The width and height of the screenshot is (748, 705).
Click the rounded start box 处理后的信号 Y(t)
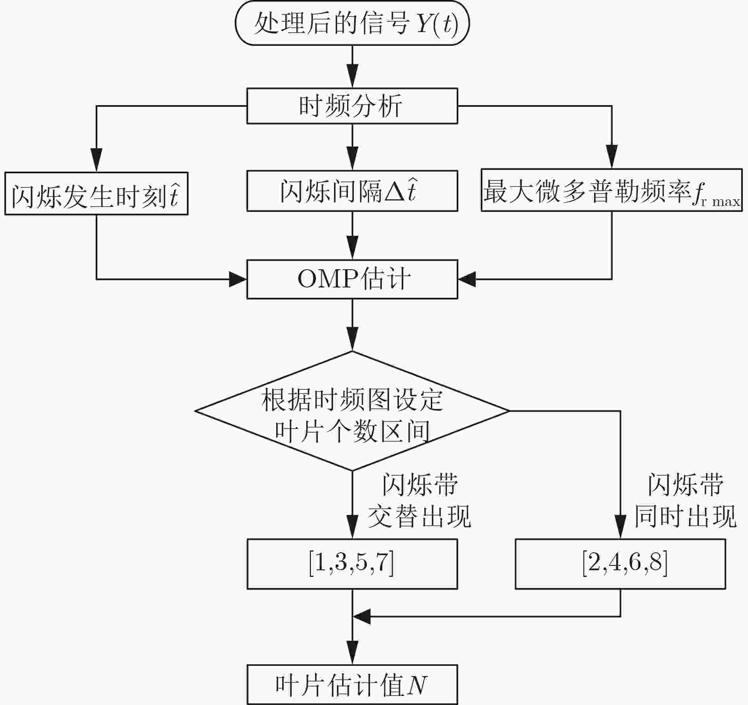coord(352,23)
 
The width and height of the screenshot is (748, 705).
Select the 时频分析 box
coord(352,106)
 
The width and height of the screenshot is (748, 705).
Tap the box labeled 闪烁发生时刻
coord(96,193)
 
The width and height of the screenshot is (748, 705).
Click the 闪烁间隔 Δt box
coord(352,191)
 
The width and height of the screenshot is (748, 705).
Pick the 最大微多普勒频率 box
coord(611,190)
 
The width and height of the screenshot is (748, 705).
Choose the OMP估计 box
coord(352,279)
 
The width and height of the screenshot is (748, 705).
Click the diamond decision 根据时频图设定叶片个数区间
coord(352,411)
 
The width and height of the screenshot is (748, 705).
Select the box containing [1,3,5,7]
coord(352,564)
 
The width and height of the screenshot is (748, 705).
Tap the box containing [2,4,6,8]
coord(620,564)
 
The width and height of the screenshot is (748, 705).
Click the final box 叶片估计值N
coord(352,684)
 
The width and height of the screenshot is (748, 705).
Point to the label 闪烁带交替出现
coord(420,501)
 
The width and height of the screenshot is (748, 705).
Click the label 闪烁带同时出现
coord(685,501)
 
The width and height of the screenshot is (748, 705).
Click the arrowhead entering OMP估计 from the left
coord(238,279)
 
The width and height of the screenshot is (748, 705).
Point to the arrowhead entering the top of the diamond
coord(352,341)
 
